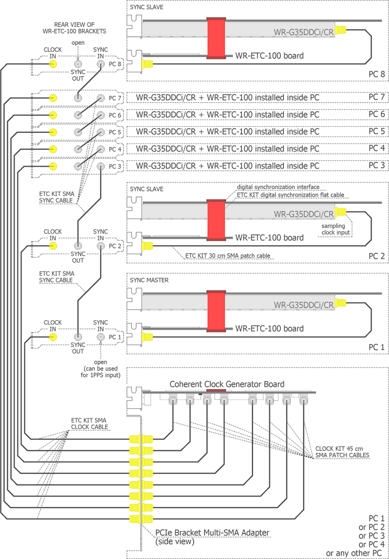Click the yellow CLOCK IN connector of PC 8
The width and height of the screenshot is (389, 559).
coord(52,64)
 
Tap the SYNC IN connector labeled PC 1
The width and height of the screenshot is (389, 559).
coord(101,337)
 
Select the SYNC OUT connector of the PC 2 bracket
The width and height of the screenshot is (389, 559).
coord(78,246)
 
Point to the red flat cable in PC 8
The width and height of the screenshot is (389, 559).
coord(216,38)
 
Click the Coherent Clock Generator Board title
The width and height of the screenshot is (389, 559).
coord(227,384)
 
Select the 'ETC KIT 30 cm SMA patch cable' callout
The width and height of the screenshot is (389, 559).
coord(226,255)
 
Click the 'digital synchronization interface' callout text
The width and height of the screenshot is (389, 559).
coord(278,187)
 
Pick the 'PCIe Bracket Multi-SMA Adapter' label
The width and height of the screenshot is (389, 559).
coord(212,533)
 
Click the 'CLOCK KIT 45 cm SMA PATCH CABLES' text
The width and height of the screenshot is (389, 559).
coord(342,452)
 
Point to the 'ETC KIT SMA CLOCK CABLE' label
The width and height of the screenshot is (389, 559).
coord(90,424)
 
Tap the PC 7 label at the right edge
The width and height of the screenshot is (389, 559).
coord(376,96)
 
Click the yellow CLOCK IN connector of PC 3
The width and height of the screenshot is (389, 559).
coord(52,166)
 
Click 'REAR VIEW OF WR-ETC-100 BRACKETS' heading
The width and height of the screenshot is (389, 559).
coord(80,28)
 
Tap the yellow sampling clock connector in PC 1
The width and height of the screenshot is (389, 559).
coord(341,302)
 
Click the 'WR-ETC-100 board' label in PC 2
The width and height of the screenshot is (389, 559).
coord(269,238)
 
